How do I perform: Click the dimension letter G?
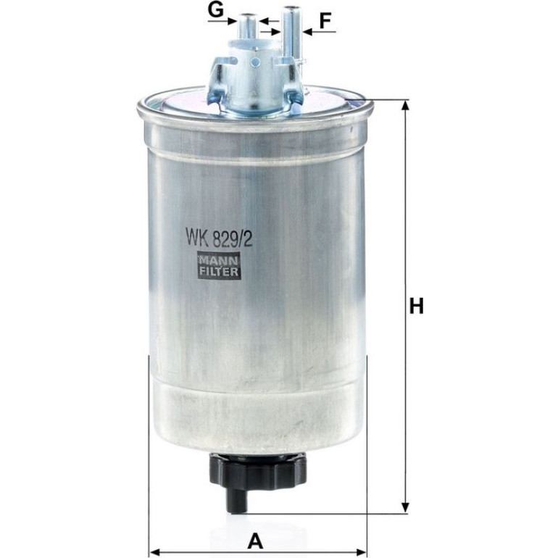(x=216, y=10)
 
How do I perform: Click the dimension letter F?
(x=325, y=20)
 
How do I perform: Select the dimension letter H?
(x=417, y=306)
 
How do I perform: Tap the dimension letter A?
(x=255, y=541)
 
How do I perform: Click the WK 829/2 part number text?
(x=219, y=238)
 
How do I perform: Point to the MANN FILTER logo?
(x=219, y=266)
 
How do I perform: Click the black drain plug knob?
(x=258, y=469)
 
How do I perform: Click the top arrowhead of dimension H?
(x=404, y=105)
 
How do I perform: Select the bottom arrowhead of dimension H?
(x=404, y=508)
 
